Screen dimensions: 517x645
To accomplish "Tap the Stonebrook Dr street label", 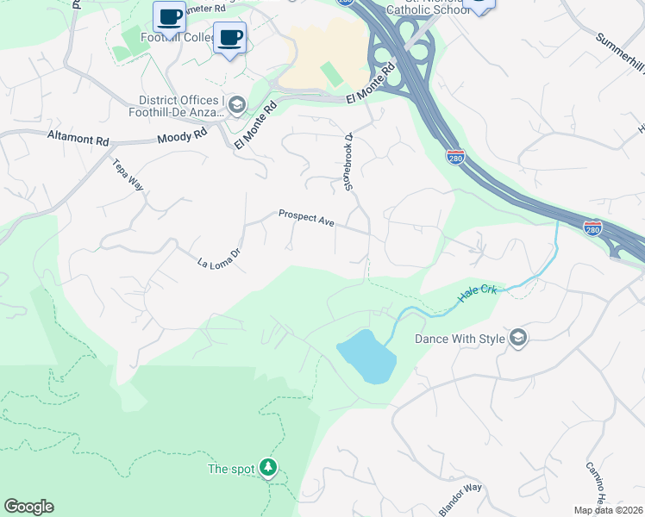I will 349,161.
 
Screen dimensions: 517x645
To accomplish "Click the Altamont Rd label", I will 78,137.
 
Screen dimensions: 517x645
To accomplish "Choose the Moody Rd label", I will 183,136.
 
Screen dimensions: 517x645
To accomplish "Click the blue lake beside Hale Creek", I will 367,356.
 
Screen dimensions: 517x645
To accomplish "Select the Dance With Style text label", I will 460,339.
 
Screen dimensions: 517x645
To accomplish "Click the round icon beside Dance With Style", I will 517,338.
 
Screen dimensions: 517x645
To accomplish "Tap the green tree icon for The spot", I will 269,468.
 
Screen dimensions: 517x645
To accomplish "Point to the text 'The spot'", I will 231,469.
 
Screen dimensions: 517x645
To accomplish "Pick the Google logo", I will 28,507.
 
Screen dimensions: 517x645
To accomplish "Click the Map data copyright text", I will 608,510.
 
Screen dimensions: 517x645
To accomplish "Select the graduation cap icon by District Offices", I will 236,104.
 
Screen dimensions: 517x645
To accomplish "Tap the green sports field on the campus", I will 330,73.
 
